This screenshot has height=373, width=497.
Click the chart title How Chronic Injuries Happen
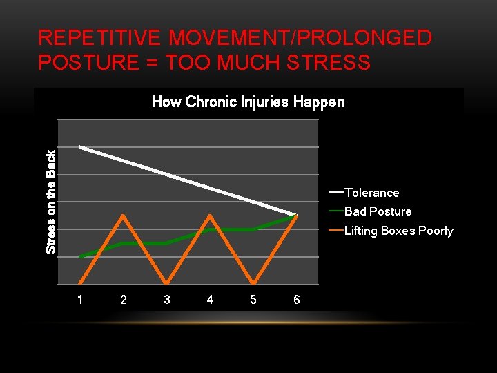point(248,102)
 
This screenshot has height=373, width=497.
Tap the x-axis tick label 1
point(80,300)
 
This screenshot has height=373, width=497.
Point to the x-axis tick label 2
point(124,300)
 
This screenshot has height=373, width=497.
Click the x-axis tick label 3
point(167,300)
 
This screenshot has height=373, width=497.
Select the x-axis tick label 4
point(210,300)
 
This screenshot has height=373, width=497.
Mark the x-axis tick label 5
point(253,300)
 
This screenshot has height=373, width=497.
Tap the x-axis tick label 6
point(297,300)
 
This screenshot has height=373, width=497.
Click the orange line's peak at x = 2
point(124,216)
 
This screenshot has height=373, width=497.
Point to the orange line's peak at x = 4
point(210,216)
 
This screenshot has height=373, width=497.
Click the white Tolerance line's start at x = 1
point(81,147)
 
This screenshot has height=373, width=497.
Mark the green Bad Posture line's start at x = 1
point(81,257)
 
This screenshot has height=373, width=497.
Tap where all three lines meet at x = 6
point(297,216)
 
